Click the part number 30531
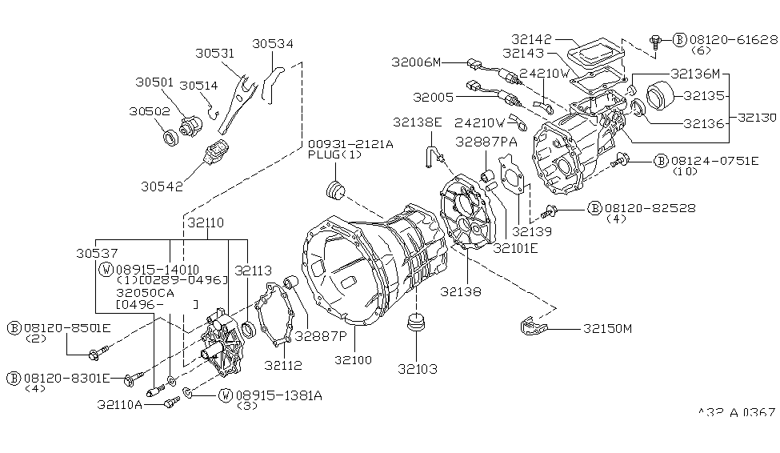(214, 54)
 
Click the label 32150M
(608, 328)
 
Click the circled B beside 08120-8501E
(14, 327)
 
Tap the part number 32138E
(417, 122)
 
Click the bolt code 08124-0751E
(724, 160)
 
